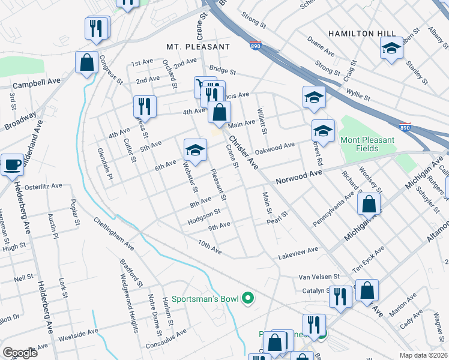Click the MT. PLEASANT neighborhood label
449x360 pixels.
(x=198, y=46)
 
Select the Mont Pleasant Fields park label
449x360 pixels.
(x=367, y=144)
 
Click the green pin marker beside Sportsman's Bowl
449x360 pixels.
(x=247, y=298)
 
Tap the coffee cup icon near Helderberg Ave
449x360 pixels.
(x=12, y=164)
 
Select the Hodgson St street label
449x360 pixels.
(x=204, y=213)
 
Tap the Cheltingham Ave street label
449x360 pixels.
(x=113, y=233)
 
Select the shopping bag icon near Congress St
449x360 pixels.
(x=87, y=62)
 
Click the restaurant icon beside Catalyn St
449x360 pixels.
(x=340, y=297)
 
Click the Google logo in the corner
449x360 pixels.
(x=20, y=353)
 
